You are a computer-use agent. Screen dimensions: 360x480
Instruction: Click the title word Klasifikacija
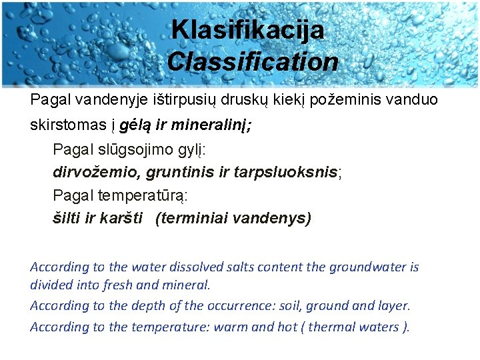coord(247,30)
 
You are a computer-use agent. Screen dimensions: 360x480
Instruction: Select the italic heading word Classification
coord(253,62)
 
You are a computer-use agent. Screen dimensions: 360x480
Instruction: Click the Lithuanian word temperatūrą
coord(142,195)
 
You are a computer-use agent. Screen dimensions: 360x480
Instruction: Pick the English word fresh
coord(145,285)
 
